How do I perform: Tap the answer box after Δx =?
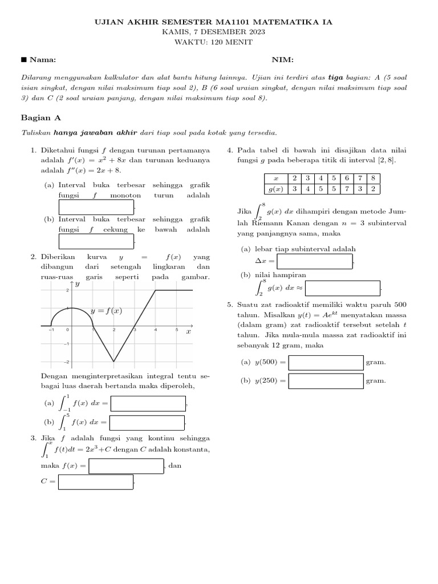[315, 261]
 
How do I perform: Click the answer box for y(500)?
[326, 362]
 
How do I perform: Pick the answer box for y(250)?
[326, 380]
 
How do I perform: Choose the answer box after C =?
[96, 482]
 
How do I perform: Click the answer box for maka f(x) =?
[127, 466]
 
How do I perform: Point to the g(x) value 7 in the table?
[346, 189]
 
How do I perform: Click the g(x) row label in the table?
[276, 189]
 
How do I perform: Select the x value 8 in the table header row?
[373, 178]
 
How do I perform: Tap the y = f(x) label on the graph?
[107, 311]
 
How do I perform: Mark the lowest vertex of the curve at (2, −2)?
[113, 361]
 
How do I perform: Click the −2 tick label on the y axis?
[66, 362]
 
